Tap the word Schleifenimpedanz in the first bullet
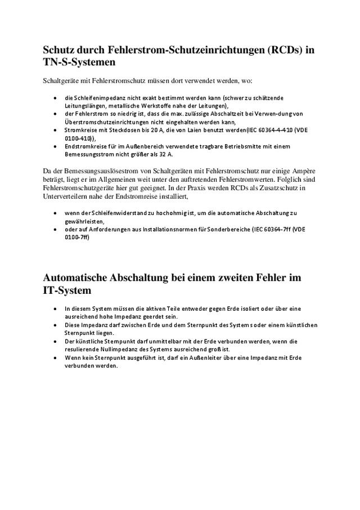[97, 97]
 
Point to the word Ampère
[300, 171]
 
